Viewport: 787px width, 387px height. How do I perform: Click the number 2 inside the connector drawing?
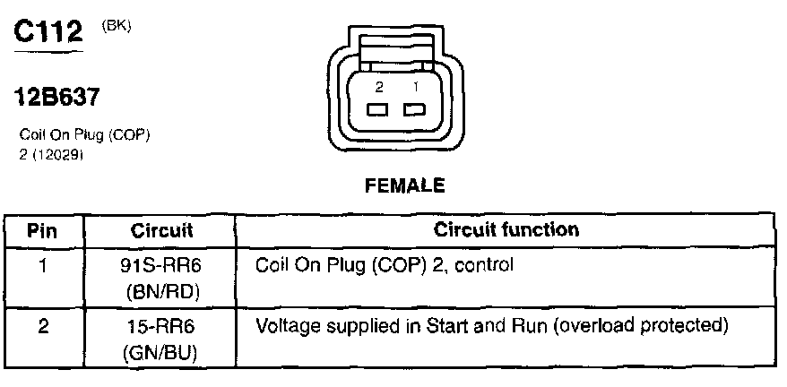pyautogui.click(x=379, y=88)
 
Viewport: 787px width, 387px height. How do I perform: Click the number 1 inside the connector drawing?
pyautogui.click(x=415, y=88)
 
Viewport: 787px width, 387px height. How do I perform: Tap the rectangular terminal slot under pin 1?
pyautogui.click(x=414, y=111)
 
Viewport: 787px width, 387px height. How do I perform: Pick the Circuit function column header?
pyautogui.click(x=506, y=229)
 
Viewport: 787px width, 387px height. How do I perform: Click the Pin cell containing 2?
pyautogui.click(x=43, y=325)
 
